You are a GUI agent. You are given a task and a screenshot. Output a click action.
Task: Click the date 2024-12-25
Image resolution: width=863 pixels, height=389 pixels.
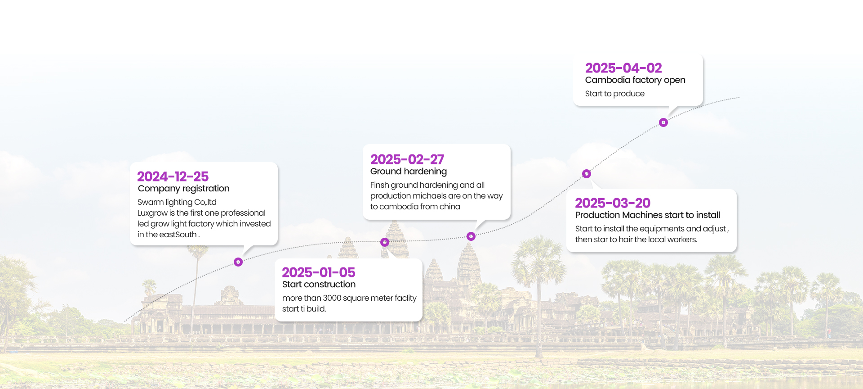pos(173,176)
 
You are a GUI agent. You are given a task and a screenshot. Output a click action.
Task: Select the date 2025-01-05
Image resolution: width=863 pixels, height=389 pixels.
pos(319,272)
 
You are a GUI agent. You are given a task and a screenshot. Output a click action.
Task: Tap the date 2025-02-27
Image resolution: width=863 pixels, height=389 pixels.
pos(407,159)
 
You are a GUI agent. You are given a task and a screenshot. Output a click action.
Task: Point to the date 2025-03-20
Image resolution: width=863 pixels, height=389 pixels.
pos(613,203)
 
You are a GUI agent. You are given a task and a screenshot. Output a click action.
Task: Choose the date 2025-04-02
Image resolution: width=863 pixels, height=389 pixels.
pos(623,68)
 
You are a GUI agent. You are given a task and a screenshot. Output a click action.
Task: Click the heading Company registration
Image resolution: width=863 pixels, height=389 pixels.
pos(183,189)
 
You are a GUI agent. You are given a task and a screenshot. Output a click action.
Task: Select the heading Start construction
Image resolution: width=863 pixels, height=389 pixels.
pos(319,285)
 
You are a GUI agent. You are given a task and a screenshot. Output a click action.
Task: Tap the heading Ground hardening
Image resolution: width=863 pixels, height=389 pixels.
pos(409,172)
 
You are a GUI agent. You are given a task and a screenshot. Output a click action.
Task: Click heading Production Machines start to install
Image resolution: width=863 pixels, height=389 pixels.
pos(648,215)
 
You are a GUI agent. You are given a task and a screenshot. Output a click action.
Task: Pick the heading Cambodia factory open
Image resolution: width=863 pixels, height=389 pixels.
pos(635,80)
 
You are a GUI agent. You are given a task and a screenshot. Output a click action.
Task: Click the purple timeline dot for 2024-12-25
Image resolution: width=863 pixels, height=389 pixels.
pos(238,262)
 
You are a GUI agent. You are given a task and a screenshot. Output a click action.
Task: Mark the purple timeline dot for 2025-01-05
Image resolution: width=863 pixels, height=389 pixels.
pos(385,242)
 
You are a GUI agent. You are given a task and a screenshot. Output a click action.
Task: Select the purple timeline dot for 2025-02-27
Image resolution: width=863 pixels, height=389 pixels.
pos(471,236)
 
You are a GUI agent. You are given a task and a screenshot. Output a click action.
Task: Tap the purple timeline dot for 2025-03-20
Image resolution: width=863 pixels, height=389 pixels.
pos(587,174)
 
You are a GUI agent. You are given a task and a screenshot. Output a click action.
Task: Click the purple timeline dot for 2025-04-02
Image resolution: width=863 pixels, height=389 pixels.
pos(663,122)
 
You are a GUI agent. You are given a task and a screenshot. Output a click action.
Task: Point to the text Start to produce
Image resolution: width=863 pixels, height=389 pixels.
pos(615,94)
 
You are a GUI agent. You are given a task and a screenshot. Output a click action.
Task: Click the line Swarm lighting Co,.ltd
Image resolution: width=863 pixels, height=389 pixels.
pos(177,202)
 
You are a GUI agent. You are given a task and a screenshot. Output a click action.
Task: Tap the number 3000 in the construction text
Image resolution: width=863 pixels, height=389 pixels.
pos(332,298)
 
